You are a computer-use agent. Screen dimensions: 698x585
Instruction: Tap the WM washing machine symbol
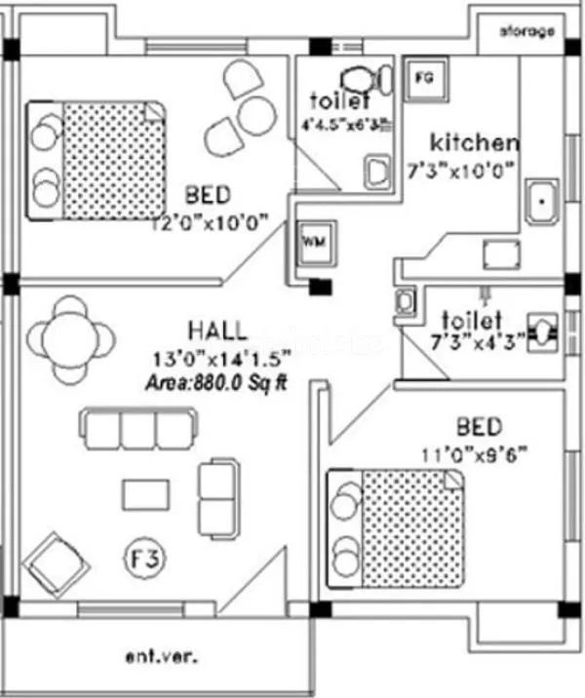click(312, 240)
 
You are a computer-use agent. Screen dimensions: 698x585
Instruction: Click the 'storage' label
click(527, 31)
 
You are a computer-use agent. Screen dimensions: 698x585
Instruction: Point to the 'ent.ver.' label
click(162, 657)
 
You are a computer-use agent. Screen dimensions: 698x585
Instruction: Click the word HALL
click(217, 330)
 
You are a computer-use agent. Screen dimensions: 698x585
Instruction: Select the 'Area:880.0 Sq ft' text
click(216, 382)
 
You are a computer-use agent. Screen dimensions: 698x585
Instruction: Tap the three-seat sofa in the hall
click(136, 428)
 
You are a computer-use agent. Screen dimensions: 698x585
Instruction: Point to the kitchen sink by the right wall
click(538, 203)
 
